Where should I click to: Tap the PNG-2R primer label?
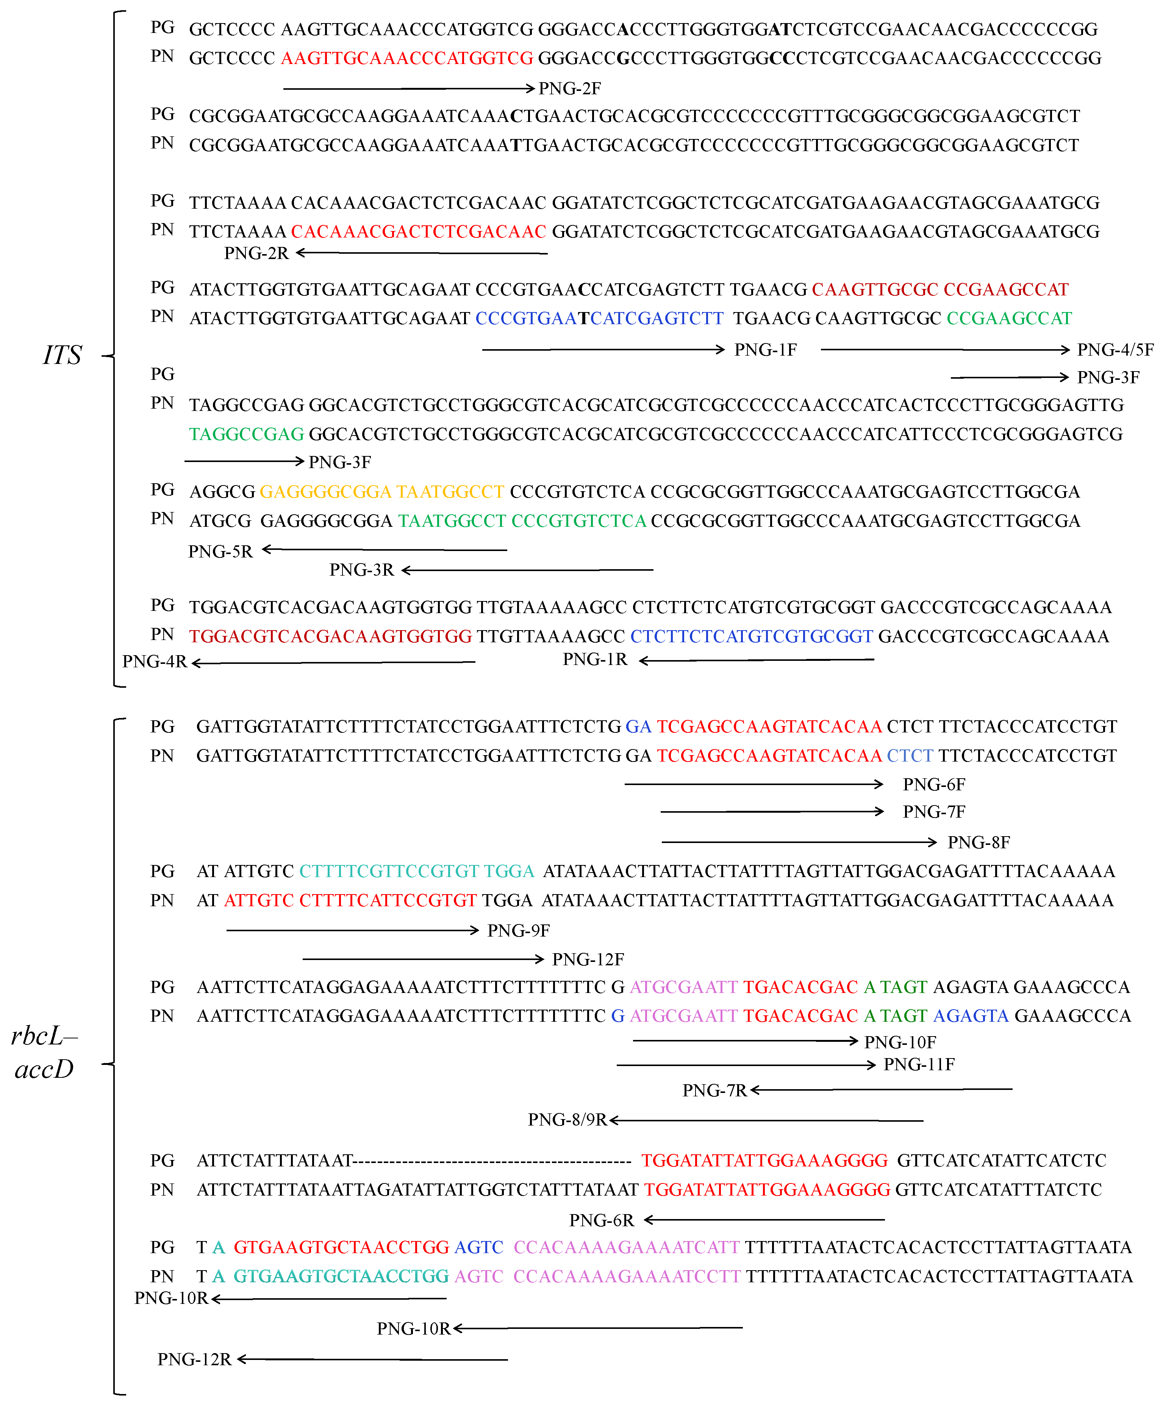256,253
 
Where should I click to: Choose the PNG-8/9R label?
567,1119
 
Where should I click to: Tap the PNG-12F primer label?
588,959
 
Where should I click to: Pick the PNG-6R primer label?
601,1220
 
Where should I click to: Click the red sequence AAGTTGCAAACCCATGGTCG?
407,58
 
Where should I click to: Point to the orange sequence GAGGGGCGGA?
325,492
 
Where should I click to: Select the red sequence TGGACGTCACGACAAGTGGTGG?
331,636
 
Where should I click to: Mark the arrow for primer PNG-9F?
353,930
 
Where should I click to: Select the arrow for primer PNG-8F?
799,841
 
